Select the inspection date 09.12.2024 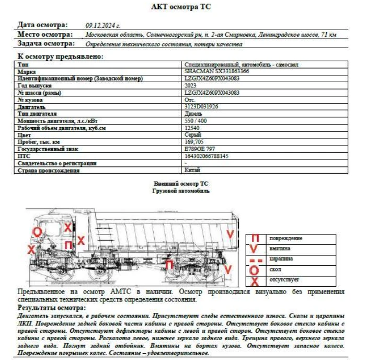(x=103, y=25)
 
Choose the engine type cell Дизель (x=193, y=113)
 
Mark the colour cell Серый (x=192, y=134)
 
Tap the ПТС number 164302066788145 (x=207, y=156)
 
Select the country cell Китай (x=192, y=170)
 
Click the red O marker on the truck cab (x=37, y=231)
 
